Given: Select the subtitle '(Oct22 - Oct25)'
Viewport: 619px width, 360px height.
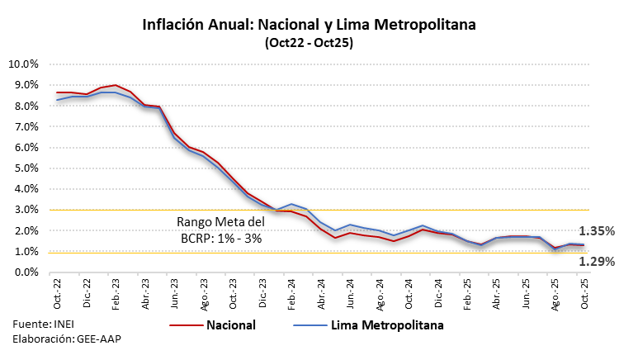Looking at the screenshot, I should click(309, 43).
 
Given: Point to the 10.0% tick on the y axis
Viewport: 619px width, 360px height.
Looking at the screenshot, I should click(22, 64).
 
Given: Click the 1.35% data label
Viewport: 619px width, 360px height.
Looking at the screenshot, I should click(594, 231).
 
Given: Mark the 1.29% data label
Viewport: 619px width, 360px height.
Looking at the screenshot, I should click(594, 262).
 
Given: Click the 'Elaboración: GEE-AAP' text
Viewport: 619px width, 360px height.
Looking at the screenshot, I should click(60, 339).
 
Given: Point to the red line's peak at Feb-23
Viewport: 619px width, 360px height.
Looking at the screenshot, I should click(116, 85).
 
